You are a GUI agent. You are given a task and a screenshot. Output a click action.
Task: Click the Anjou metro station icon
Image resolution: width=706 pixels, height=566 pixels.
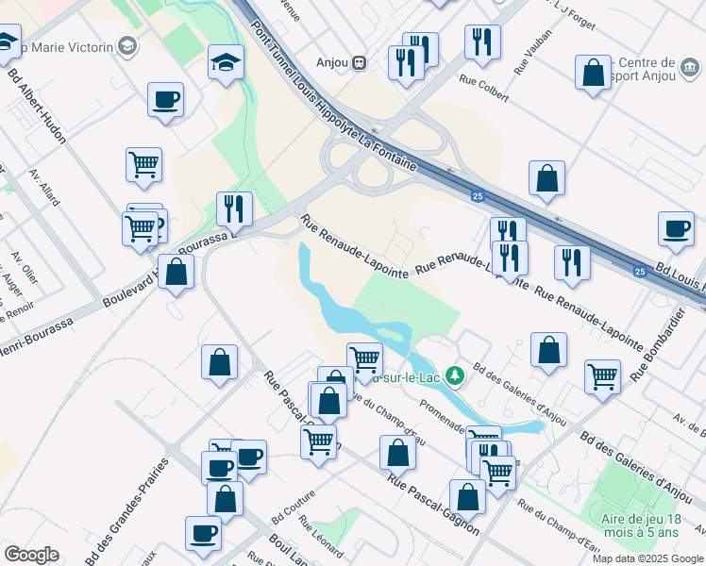click(x=359, y=63)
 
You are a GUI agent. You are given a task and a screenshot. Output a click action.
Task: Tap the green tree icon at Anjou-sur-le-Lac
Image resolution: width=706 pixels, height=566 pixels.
click(x=455, y=376)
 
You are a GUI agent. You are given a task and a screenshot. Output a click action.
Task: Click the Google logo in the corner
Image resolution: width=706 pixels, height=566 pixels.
click(x=31, y=555)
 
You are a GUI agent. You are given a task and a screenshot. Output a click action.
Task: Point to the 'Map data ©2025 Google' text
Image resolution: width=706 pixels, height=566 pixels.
click(x=648, y=558)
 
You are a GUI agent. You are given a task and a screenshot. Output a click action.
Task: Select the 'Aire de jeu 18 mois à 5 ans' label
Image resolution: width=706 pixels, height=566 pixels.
click(x=652, y=525)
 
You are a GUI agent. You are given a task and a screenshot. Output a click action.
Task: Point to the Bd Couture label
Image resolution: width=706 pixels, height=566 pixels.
click(x=293, y=508)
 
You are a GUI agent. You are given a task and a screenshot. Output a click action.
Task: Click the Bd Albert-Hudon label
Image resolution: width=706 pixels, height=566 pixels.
click(x=37, y=103)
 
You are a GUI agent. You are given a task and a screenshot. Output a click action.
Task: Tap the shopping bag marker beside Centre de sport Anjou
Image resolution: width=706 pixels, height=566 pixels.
click(x=594, y=74)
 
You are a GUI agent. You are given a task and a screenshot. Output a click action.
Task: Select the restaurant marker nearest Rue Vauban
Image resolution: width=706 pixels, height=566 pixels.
click(x=482, y=42)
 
